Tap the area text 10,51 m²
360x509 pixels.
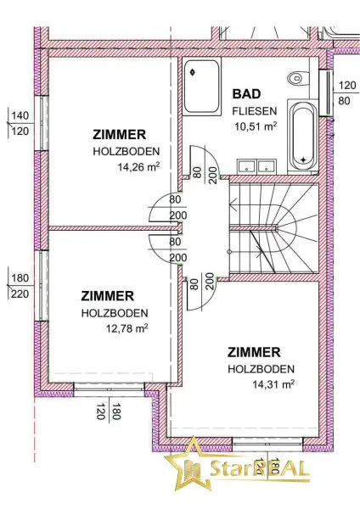point(256,126)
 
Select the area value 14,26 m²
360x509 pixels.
point(138,167)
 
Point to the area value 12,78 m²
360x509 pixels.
point(127,328)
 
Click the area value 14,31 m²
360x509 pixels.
point(273,384)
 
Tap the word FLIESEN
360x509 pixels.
point(255,111)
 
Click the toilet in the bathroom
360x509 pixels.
point(298,78)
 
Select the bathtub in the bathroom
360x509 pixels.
point(303,135)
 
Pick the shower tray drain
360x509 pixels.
point(193,72)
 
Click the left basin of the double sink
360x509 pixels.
point(246,166)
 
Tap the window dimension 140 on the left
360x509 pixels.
point(20,115)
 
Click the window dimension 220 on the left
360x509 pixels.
point(20,294)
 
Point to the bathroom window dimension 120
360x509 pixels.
point(347,86)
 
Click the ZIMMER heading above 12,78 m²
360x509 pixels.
point(107,296)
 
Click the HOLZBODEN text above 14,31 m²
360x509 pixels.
point(262,369)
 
